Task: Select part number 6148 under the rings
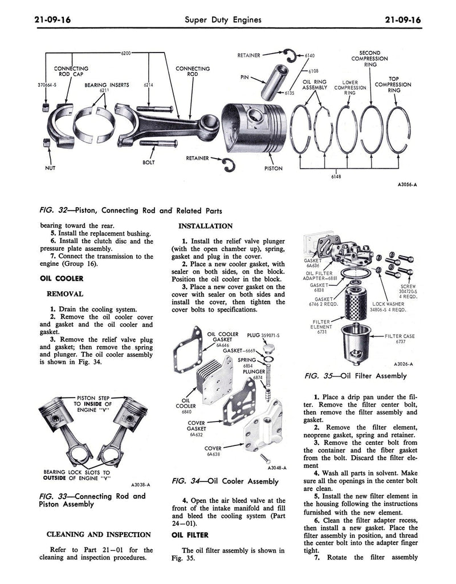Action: pyautogui.click(x=336, y=177)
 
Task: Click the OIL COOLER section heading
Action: pyautogui.click(x=62, y=279)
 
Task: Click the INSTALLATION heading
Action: pyautogui.click(x=206, y=226)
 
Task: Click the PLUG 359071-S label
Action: pyautogui.click(x=265, y=335)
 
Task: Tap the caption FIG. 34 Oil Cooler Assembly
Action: pyautogui.click(x=225, y=482)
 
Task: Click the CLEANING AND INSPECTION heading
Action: pyautogui.click(x=99, y=534)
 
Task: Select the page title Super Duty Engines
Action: pyautogui.click(x=223, y=20)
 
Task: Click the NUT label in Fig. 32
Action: pyautogui.click(x=50, y=169)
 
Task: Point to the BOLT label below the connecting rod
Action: pyautogui.click(x=148, y=163)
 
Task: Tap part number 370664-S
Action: pyautogui.click(x=47, y=86)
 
